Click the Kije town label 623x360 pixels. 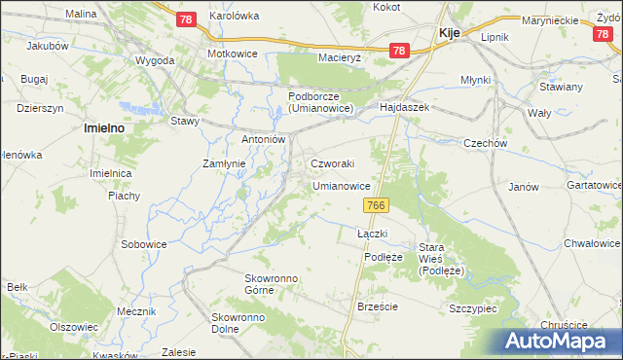449,32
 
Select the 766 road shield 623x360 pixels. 378,205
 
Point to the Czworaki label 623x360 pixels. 332,163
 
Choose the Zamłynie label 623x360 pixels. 222,163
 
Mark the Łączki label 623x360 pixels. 373,234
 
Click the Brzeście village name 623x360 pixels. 378,306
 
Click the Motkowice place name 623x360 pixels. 232,54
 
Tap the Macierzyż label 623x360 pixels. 340,57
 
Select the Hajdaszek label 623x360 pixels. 404,106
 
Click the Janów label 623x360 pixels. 524,187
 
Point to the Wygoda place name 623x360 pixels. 156,60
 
